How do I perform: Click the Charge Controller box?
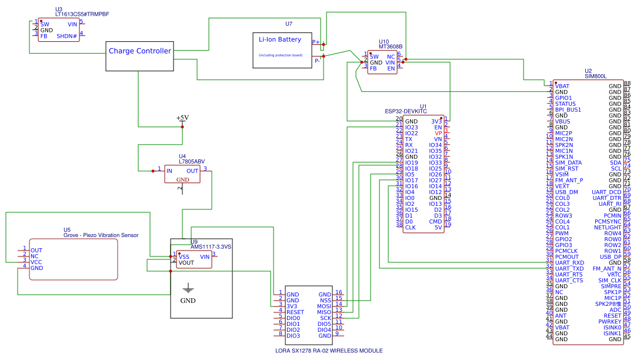[139, 56]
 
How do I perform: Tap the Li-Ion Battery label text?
[280, 40]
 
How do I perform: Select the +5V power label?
[182, 118]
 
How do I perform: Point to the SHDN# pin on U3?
[67, 36]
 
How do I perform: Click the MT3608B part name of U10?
[390, 46]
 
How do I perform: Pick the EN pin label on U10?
[391, 68]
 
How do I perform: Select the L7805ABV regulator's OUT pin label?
[192, 171]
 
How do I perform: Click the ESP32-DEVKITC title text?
[405, 111]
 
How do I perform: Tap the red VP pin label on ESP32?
[438, 133]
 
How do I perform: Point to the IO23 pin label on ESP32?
[411, 127]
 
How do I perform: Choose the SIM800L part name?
[595, 76]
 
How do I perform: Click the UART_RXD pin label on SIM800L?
[569, 263]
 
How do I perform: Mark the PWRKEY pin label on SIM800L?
[611, 322]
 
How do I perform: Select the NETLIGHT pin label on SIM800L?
[608, 228]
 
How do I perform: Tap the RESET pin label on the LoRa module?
[295, 312]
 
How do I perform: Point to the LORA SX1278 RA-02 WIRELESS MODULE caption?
[329, 351]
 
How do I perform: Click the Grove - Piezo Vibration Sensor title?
[101, 235]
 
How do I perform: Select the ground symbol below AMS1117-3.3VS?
[188, 288]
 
